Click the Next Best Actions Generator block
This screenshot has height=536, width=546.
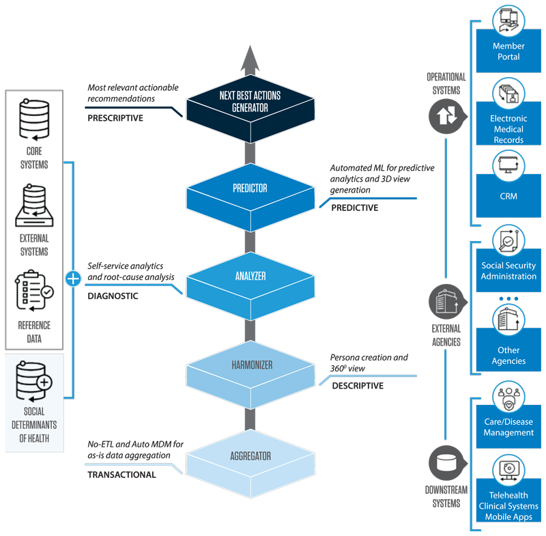click(250, 103)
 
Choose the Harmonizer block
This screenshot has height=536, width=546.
click(250, 367)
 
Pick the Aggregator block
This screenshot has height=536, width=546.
click(250, 455)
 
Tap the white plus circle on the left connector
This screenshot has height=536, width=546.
click(73, 279)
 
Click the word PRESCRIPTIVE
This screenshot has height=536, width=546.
click(115, 118)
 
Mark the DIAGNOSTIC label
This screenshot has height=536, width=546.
click(113, 296)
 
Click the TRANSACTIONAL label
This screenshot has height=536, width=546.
click(121, 475)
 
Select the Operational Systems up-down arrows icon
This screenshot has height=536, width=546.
click(446, 116)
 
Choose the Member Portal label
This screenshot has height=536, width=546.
click(508, 51)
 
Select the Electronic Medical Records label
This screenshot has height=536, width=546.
click(508, 129)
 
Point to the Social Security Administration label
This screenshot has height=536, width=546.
click(508, 271)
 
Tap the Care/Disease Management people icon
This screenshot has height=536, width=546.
click(508, 399)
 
